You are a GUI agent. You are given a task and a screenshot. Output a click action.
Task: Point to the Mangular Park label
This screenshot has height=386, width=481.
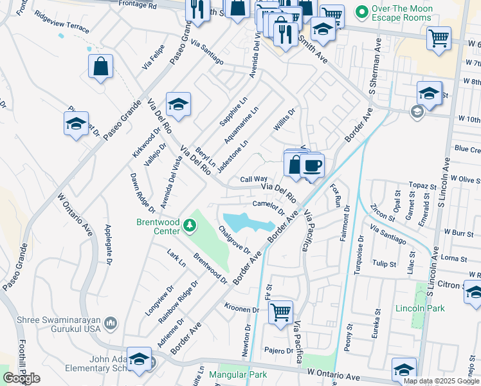pyautogui.click(x=238, y=374)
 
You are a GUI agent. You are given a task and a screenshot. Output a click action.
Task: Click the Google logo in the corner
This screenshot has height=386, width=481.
pyautogui.click(x=21, y=378)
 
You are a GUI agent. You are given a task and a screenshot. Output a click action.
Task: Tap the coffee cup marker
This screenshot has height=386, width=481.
pyautogui.click(x=312, y=166)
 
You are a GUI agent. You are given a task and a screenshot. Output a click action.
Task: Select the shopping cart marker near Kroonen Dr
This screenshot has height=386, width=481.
pyautogui.click(x=280, y=312)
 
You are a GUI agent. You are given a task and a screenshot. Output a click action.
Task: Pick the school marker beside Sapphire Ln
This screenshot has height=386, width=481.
pyautogui.click(x=178, y=104)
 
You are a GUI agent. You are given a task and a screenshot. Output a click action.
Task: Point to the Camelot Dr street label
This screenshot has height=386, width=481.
pyautogui.click(x=268, y=207)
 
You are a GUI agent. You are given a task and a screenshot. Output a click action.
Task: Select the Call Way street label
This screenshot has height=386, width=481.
pyautogui.click(x=253, y=179)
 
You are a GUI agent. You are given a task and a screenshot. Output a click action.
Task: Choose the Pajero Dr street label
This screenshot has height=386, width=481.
pyautogui.click(x=278, y=351)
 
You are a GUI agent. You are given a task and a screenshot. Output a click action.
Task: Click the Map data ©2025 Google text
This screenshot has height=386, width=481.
pyautogui.click(x=440, y=381)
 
